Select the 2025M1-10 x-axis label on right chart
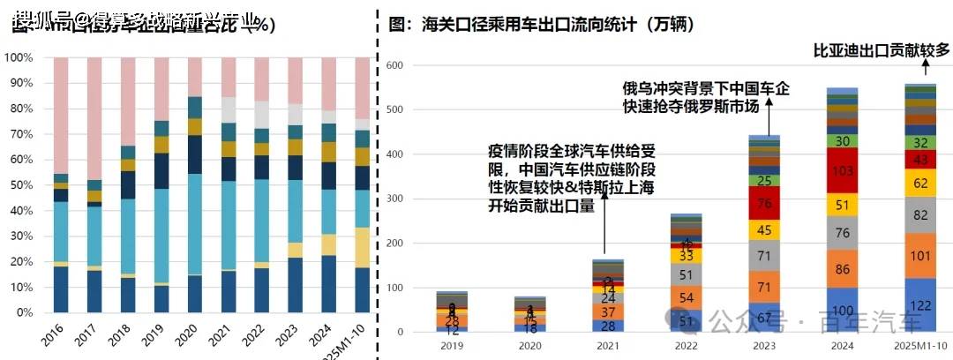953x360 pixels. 921,348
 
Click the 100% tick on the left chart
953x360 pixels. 19,58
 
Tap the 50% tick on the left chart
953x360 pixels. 21,185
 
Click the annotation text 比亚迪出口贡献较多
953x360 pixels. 881,49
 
